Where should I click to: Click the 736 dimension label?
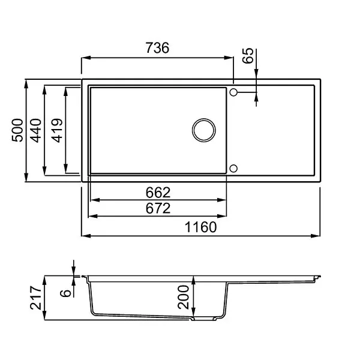[157, 48]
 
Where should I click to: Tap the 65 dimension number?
[248, 55]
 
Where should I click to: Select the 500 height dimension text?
[17, 130]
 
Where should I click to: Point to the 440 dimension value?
[35, 130]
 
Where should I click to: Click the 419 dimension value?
[57, 130]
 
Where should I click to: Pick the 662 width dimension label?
[158, 193]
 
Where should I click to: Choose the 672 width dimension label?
[158, 208]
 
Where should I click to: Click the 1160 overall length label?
[200, 227]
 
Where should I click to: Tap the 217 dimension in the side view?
[36, 298]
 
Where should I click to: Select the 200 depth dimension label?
[183, 297]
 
